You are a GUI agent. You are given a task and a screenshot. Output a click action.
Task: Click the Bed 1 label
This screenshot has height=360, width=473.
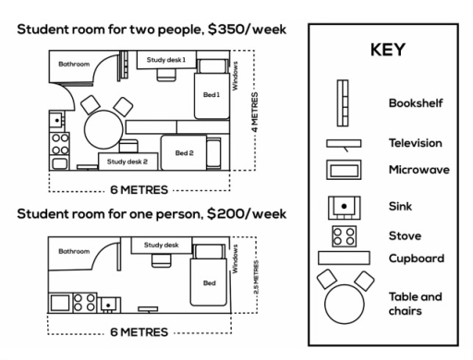click(212, 95)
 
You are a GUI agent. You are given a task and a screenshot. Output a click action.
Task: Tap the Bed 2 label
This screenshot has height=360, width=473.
click(184, 153)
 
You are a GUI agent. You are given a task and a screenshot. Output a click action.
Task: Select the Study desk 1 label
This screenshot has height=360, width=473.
click(166, 60)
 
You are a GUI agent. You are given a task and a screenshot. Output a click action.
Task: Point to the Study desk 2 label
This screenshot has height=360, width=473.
click(127, 162)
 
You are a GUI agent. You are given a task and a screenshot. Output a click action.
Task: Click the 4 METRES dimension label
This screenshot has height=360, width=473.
click(255, 113)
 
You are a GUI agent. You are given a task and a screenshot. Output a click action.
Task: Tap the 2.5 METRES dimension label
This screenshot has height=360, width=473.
click(256, 277)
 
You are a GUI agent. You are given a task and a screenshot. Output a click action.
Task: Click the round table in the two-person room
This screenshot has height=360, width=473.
click(103, 129)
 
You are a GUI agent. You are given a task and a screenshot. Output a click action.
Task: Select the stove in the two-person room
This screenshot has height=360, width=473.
click(60, 144)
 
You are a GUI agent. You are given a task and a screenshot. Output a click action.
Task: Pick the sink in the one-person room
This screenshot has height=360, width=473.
click(109, 306)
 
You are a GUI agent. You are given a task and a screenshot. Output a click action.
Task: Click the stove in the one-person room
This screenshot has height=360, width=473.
click(85, 303)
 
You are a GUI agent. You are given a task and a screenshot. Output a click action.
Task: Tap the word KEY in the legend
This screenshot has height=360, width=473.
click(388, 50)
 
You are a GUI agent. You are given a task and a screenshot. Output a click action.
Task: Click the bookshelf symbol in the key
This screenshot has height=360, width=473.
click(343, 103)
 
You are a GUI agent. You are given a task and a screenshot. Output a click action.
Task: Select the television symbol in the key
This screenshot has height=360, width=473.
click(344, 144)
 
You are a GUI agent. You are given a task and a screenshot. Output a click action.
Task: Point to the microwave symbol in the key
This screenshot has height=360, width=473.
click(344, 170)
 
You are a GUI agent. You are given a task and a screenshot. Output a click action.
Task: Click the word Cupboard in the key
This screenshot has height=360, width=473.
click(417, 258)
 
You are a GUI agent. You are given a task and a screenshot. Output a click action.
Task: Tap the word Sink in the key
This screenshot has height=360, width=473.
click(400, 206)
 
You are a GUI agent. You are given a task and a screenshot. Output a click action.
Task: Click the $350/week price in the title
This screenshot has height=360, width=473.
click(247, 30)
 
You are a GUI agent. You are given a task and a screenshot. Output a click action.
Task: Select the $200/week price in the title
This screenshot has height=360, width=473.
click(247, 214)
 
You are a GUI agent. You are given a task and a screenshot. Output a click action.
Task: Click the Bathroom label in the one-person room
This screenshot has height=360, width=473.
click(74, 251)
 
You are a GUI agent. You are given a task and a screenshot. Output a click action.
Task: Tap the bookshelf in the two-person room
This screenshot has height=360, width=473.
click(124, 66)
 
